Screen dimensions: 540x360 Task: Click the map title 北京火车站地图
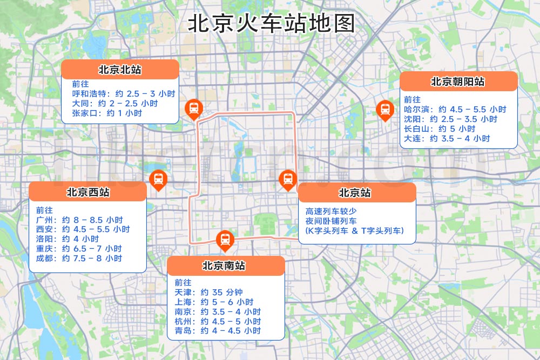(272, 24)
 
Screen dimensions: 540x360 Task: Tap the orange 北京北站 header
(120, 70)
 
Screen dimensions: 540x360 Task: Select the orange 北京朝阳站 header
(458, 81)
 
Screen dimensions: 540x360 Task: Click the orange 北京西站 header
(87, 192)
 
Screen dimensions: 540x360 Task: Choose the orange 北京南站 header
(225, 266)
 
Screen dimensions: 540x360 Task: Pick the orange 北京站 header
(356, 193)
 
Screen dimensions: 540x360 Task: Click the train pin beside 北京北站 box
(193, 109)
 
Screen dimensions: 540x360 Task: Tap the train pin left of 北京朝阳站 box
(384, 110)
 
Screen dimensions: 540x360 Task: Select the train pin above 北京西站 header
(158, 179)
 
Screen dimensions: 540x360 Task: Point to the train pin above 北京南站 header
(225, 240)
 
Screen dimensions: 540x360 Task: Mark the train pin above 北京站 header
(287, 179)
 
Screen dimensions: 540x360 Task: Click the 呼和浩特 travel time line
(124, 93)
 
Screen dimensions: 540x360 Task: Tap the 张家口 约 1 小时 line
(107, 113)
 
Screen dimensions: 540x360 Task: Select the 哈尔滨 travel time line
(455, 109)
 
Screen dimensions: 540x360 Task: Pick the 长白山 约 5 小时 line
(439, 128)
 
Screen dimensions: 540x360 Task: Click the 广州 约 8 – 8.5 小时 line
(79, 220)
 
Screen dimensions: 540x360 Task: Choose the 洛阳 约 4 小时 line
(67, 239)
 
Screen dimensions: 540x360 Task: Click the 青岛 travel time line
(217, 330)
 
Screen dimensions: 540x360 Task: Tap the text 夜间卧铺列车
(331, 221)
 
